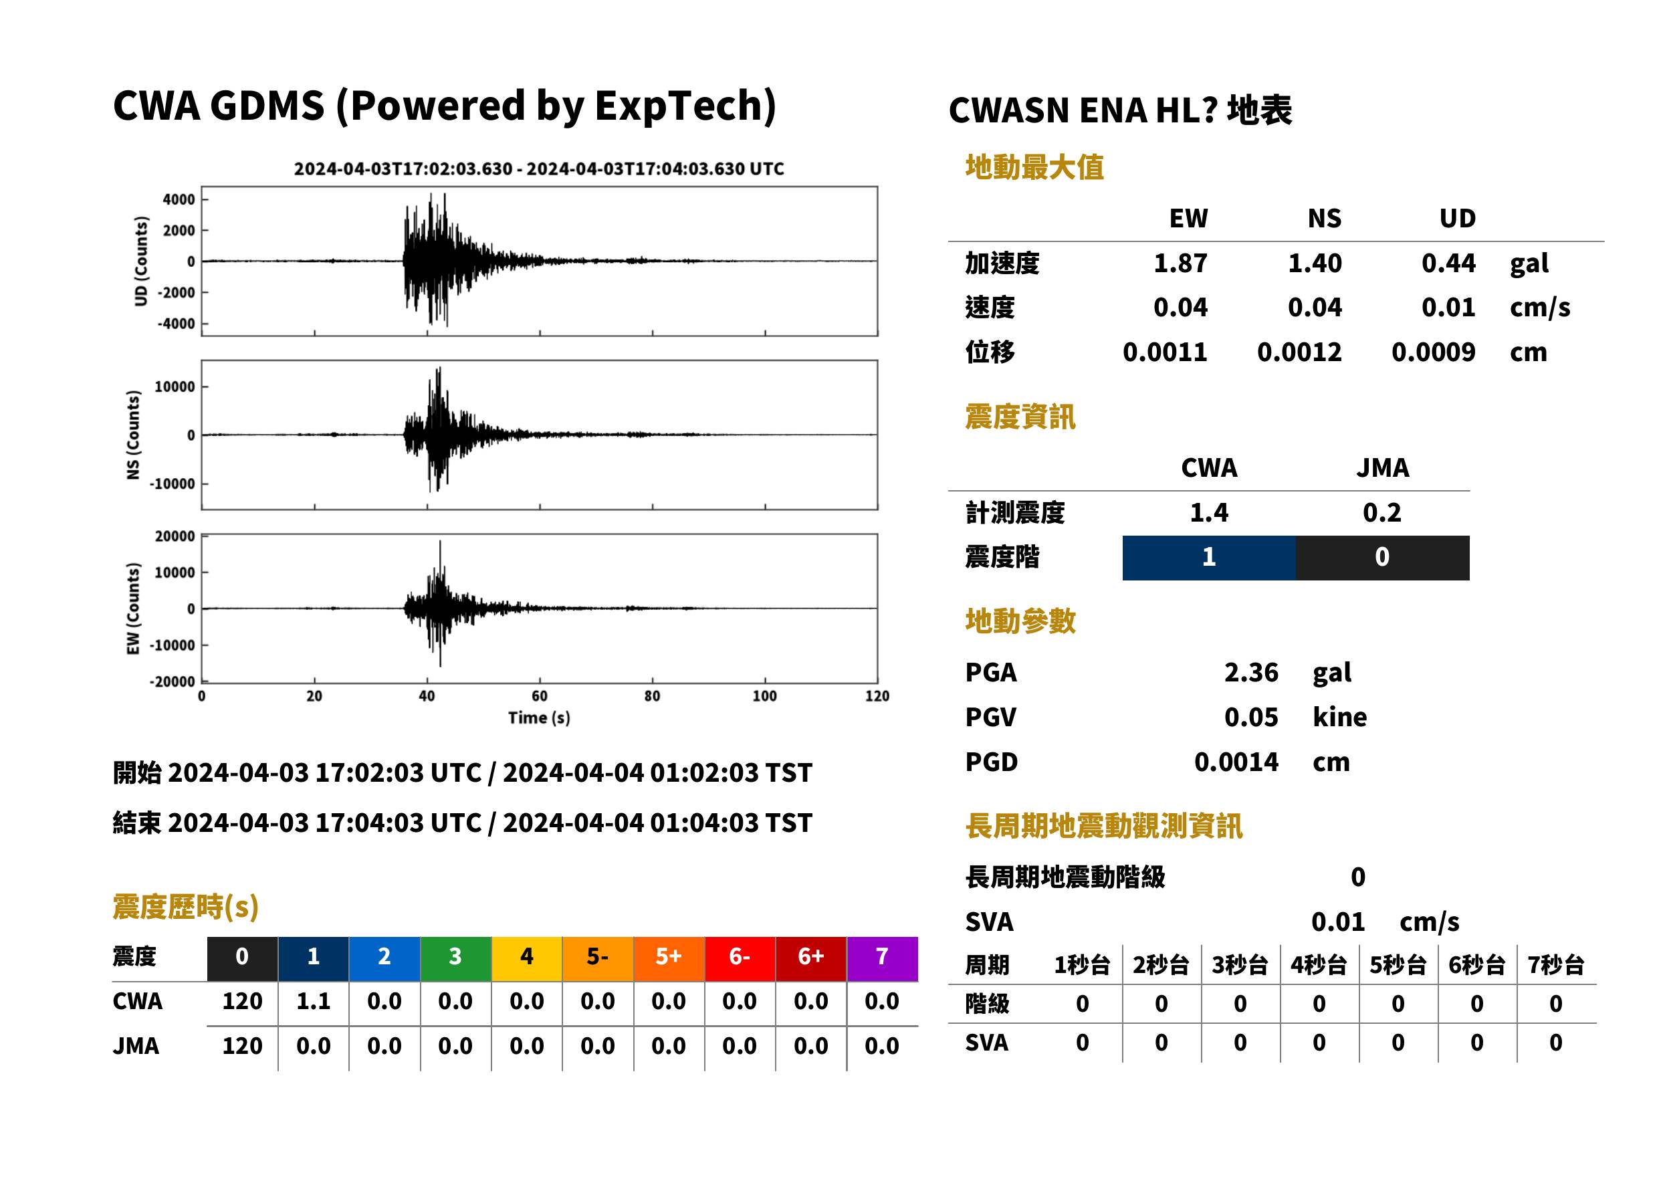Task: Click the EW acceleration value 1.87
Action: click(1180, 263)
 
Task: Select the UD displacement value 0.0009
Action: click(1433, 352)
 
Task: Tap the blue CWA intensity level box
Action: click(1209, 558)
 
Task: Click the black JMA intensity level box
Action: click(1383, 558)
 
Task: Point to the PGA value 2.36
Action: click(1250, 672)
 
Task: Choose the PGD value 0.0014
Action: click(1236, 762)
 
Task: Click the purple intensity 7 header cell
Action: click(882, 958)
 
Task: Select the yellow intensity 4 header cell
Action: click(527, 958)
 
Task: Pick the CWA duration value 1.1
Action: click(314, 1001)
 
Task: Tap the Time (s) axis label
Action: click(539, 718)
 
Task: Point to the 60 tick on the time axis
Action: click(539, 696)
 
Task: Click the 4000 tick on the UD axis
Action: click(179, 199)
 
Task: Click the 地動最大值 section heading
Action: click(1034, 167)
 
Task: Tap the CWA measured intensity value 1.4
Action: click(1209, 512)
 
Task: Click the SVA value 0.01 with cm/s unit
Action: click(1338, 922)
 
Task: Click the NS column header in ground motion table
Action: click(1324, 218)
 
